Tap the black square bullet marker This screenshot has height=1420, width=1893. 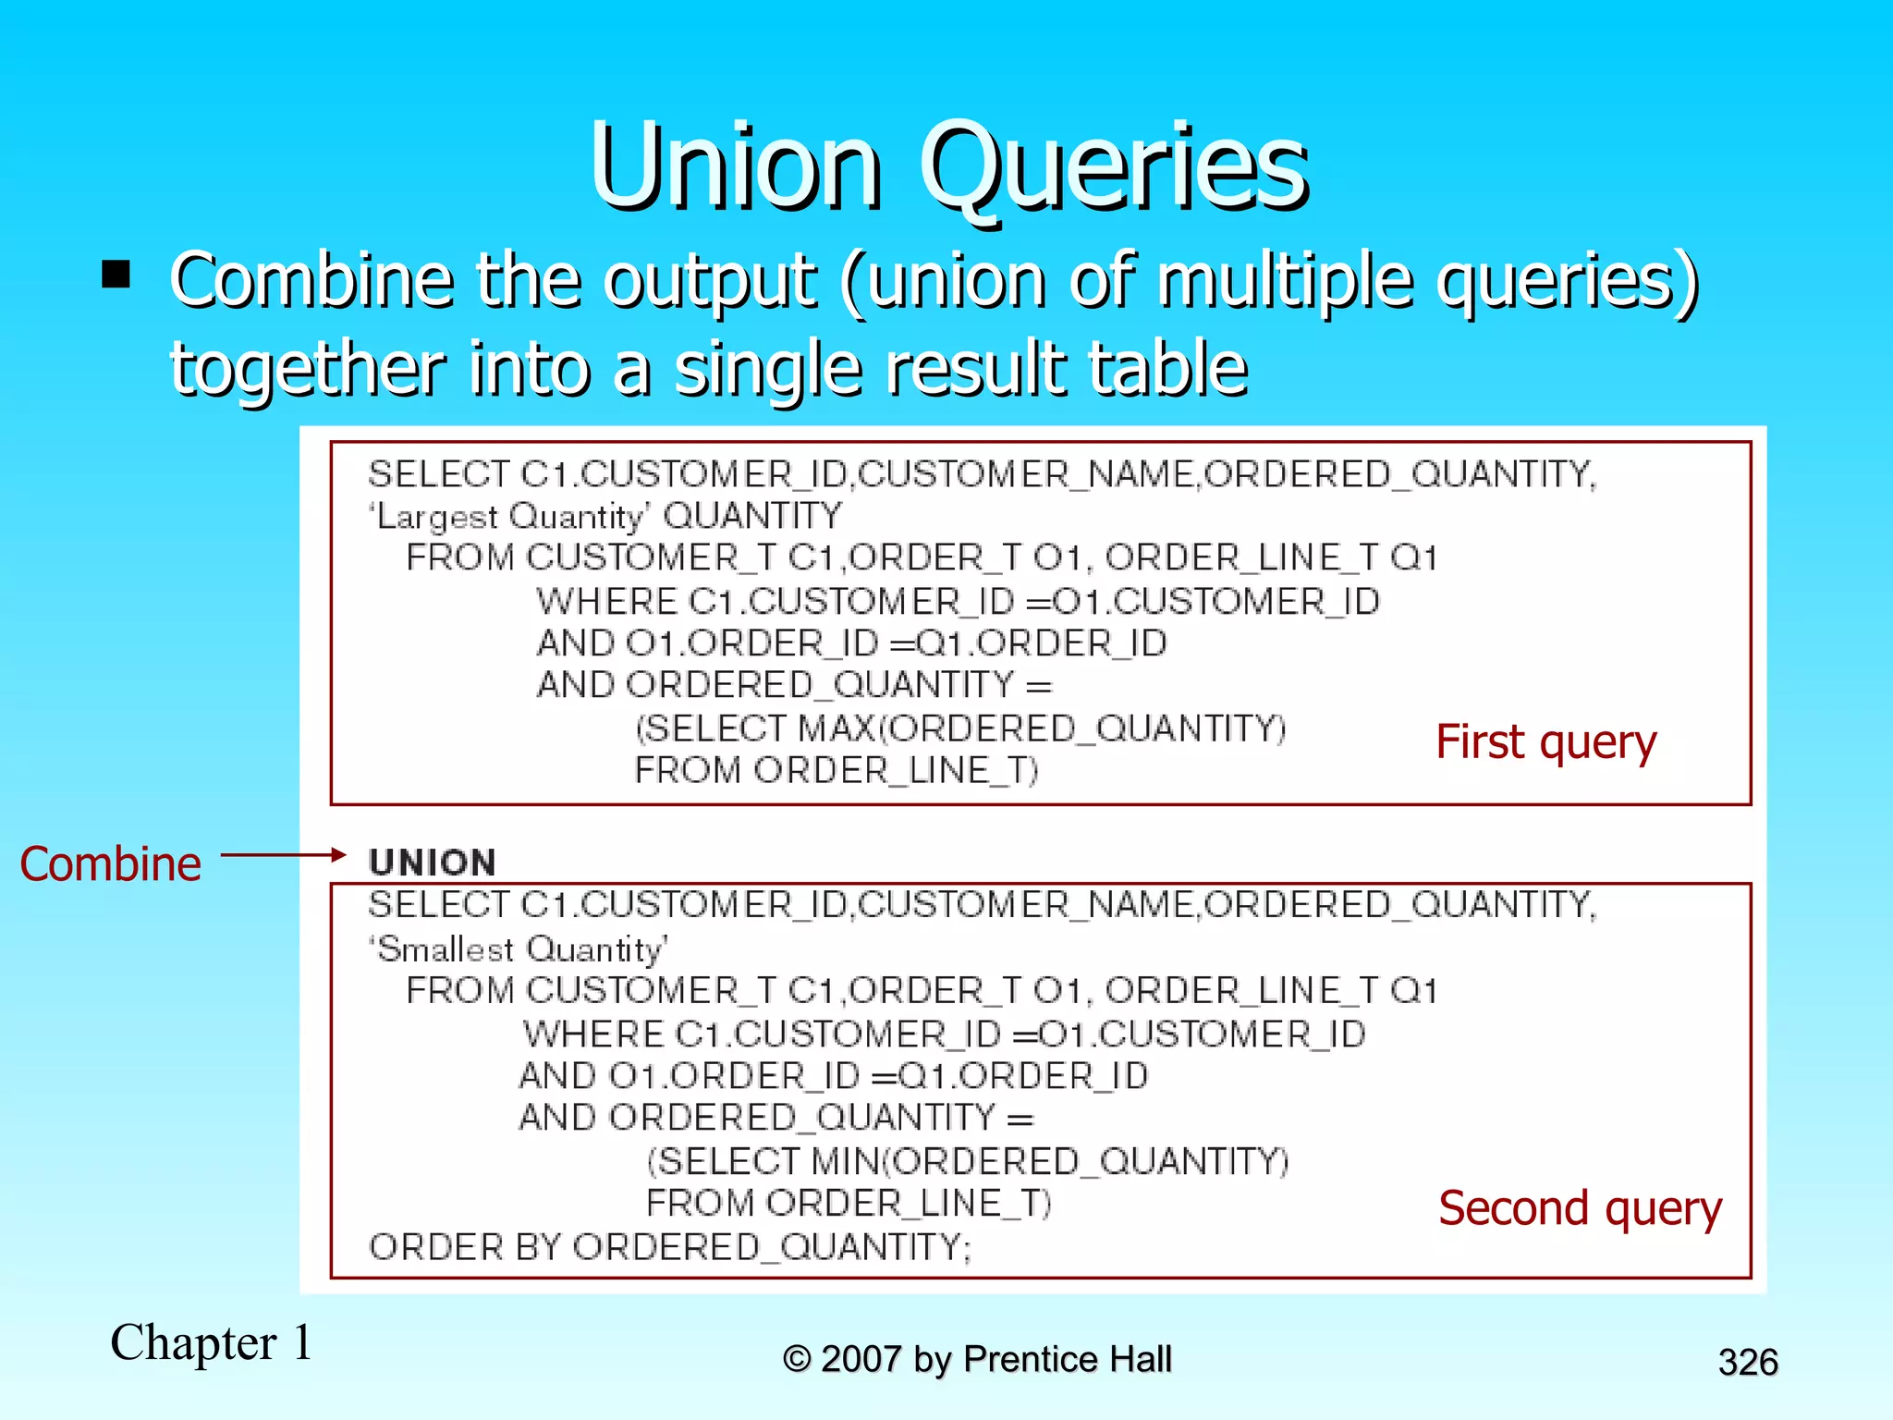(116, 275)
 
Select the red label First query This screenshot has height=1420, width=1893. (1545, 742)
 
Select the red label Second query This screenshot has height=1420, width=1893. (1580, 1208)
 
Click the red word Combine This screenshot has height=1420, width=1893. (110, 864)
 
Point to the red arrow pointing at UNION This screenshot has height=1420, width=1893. (282, 855)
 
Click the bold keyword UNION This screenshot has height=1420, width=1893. (432, 863)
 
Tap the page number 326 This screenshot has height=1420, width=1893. (1748, 1363)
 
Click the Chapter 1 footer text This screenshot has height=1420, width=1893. (212, 1342)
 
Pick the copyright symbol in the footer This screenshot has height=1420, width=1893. (797, 1360)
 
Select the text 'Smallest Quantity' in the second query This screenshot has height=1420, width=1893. (519, 949)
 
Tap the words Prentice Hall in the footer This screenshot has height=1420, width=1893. (1068, 1360)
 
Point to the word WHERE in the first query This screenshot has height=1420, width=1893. (607, 602)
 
